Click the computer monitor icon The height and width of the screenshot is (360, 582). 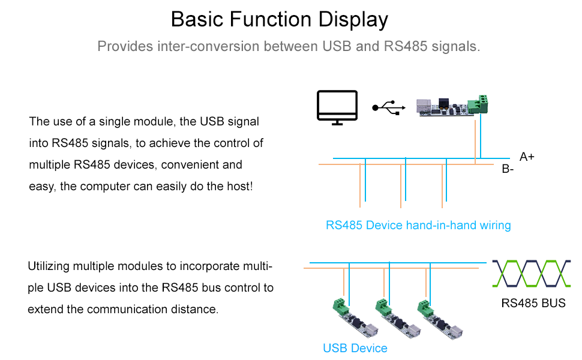click(x=337, y=107)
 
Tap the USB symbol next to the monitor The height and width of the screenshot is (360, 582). click(x=389, y=107)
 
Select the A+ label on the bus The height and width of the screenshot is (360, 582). click(x=527, y=157)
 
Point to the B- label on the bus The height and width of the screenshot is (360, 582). click(x=508, y=169)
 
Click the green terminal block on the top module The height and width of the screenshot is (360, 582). click(x=478, y=104)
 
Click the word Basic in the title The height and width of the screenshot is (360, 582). click(x=197, y=19)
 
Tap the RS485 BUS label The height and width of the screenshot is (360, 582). click(x=533, y=303)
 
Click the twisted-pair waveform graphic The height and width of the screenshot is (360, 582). click(x=531, y=274)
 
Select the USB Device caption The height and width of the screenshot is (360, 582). click(x=355, y=348)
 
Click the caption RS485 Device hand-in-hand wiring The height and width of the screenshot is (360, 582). click(x=418, y=225)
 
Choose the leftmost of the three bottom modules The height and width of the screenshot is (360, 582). click(x=356, y=319)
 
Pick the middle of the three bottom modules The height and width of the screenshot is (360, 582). click(x=398, y=319)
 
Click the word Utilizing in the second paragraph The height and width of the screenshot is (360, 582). click(x=49, y=266)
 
